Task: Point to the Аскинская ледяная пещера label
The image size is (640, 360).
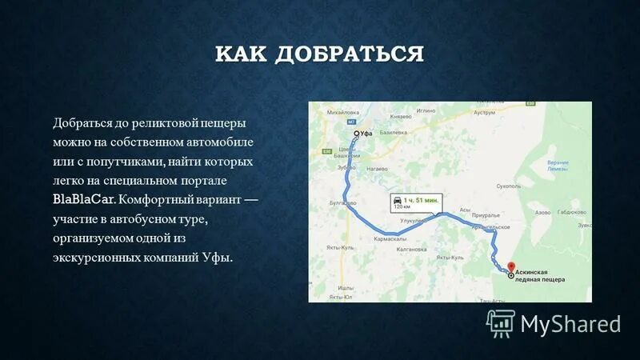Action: tap(540, 277)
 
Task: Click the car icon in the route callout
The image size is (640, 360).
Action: tap(396, 198)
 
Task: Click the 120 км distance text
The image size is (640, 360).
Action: tap(402, 206)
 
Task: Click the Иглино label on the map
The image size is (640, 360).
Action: tap(425, 110)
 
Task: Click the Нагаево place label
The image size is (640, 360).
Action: tap(377, 170)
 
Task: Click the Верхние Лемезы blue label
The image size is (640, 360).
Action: tap(558, 166)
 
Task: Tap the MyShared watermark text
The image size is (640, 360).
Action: tap(570, 323)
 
